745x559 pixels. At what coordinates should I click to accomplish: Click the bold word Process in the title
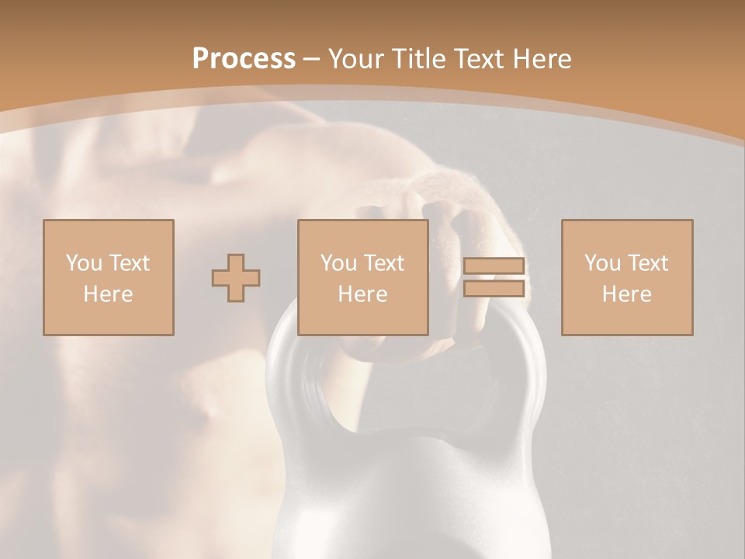(244, 59)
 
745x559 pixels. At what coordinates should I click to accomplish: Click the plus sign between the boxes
(236, 278)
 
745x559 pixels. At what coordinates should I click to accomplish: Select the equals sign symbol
(494, 277)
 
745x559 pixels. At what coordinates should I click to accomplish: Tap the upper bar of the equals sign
(494, 266)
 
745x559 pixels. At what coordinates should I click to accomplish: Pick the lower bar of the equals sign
(494, 289)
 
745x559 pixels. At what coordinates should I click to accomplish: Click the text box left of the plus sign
(108, 277)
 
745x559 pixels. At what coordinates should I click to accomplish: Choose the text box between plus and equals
(362, 277)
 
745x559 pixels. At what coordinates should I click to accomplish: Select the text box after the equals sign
(626, 277)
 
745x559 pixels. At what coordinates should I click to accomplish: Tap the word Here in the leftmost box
(108, 294)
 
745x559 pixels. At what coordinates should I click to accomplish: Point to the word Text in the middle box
(385, 263)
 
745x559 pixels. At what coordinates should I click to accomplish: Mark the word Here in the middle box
(362, 294)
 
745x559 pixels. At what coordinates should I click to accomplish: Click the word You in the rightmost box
(601, 263)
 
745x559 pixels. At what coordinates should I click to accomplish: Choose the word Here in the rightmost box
(626, 294)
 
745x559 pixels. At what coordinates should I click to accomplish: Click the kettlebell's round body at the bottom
(411, 497)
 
